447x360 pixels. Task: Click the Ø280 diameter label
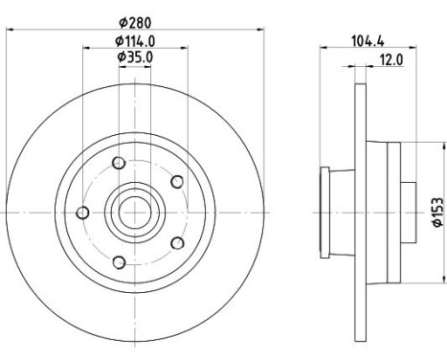[135, 23]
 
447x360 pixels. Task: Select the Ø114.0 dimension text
[135, 41]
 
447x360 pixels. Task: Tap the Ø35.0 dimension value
[135, 57]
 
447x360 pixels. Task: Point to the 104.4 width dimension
[368, 41]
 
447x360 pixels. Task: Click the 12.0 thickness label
[391, 59]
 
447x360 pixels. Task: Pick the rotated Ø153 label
[438, 212]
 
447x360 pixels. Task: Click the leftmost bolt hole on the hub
[83, 213]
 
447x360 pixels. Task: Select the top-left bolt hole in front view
[119, 163]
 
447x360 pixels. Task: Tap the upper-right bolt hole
[177, 182]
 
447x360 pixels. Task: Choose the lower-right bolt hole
[177, 243]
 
